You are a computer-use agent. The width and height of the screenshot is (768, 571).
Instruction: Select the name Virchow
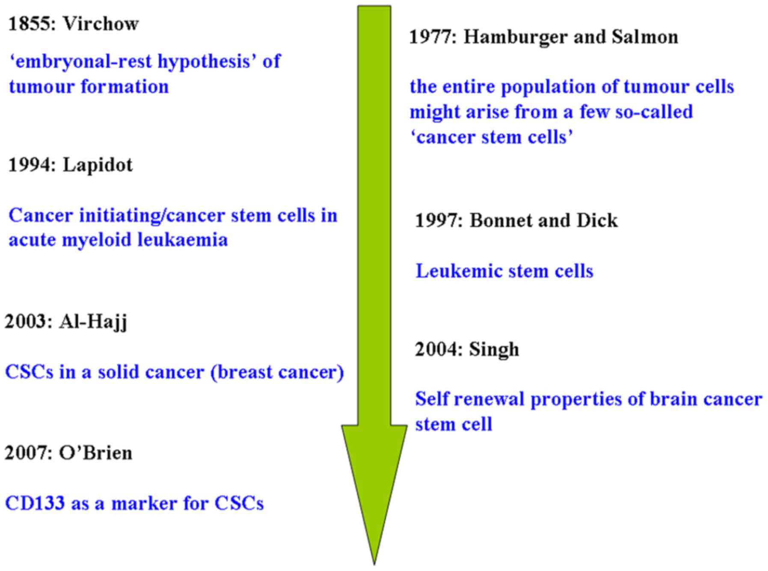point(101,24)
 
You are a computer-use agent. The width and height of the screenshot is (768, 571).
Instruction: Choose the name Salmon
point(645,37)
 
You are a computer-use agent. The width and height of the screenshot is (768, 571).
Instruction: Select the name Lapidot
point(98,165)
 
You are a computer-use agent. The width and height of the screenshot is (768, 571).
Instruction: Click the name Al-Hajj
point(93,322)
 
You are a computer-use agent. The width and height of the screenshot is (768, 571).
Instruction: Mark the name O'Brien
point(95,453)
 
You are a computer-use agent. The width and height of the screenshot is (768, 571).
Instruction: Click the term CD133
point(35,504)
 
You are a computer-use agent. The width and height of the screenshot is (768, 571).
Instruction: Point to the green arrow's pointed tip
point(374,565)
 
